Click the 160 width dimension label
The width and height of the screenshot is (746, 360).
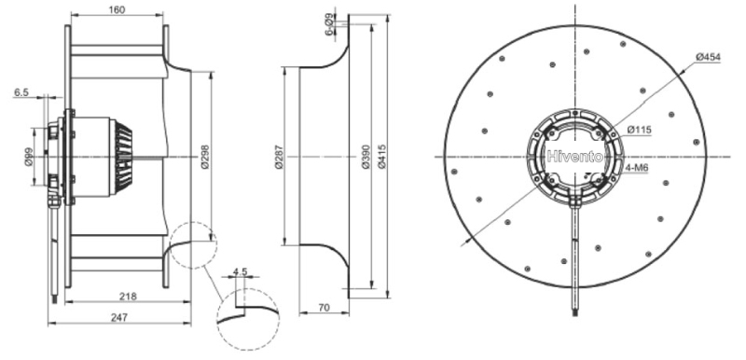pyautogui.click(x=117, y=9)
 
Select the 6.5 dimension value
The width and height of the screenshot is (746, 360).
pyautogui.click(x=21, y=92)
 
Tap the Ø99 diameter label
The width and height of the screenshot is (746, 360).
pyautogui.click(x=29, y=157)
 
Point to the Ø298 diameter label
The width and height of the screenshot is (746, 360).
pyautogui.click(x=205, y=157)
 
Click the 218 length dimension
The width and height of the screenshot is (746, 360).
pyautogui.click(x=128, y=297)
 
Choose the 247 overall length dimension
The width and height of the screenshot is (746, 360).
pyautogui.click(x=119, y=318)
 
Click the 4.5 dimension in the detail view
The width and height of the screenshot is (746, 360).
pyautogui.click(x=241, y=272)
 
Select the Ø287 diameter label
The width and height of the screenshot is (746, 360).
pyautogui.click(x=279, y=157)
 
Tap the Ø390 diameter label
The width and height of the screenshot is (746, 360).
pyautogui.click(x=366, y=157)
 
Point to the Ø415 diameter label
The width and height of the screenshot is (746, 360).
pyautogui.click(x=381, y=157)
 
